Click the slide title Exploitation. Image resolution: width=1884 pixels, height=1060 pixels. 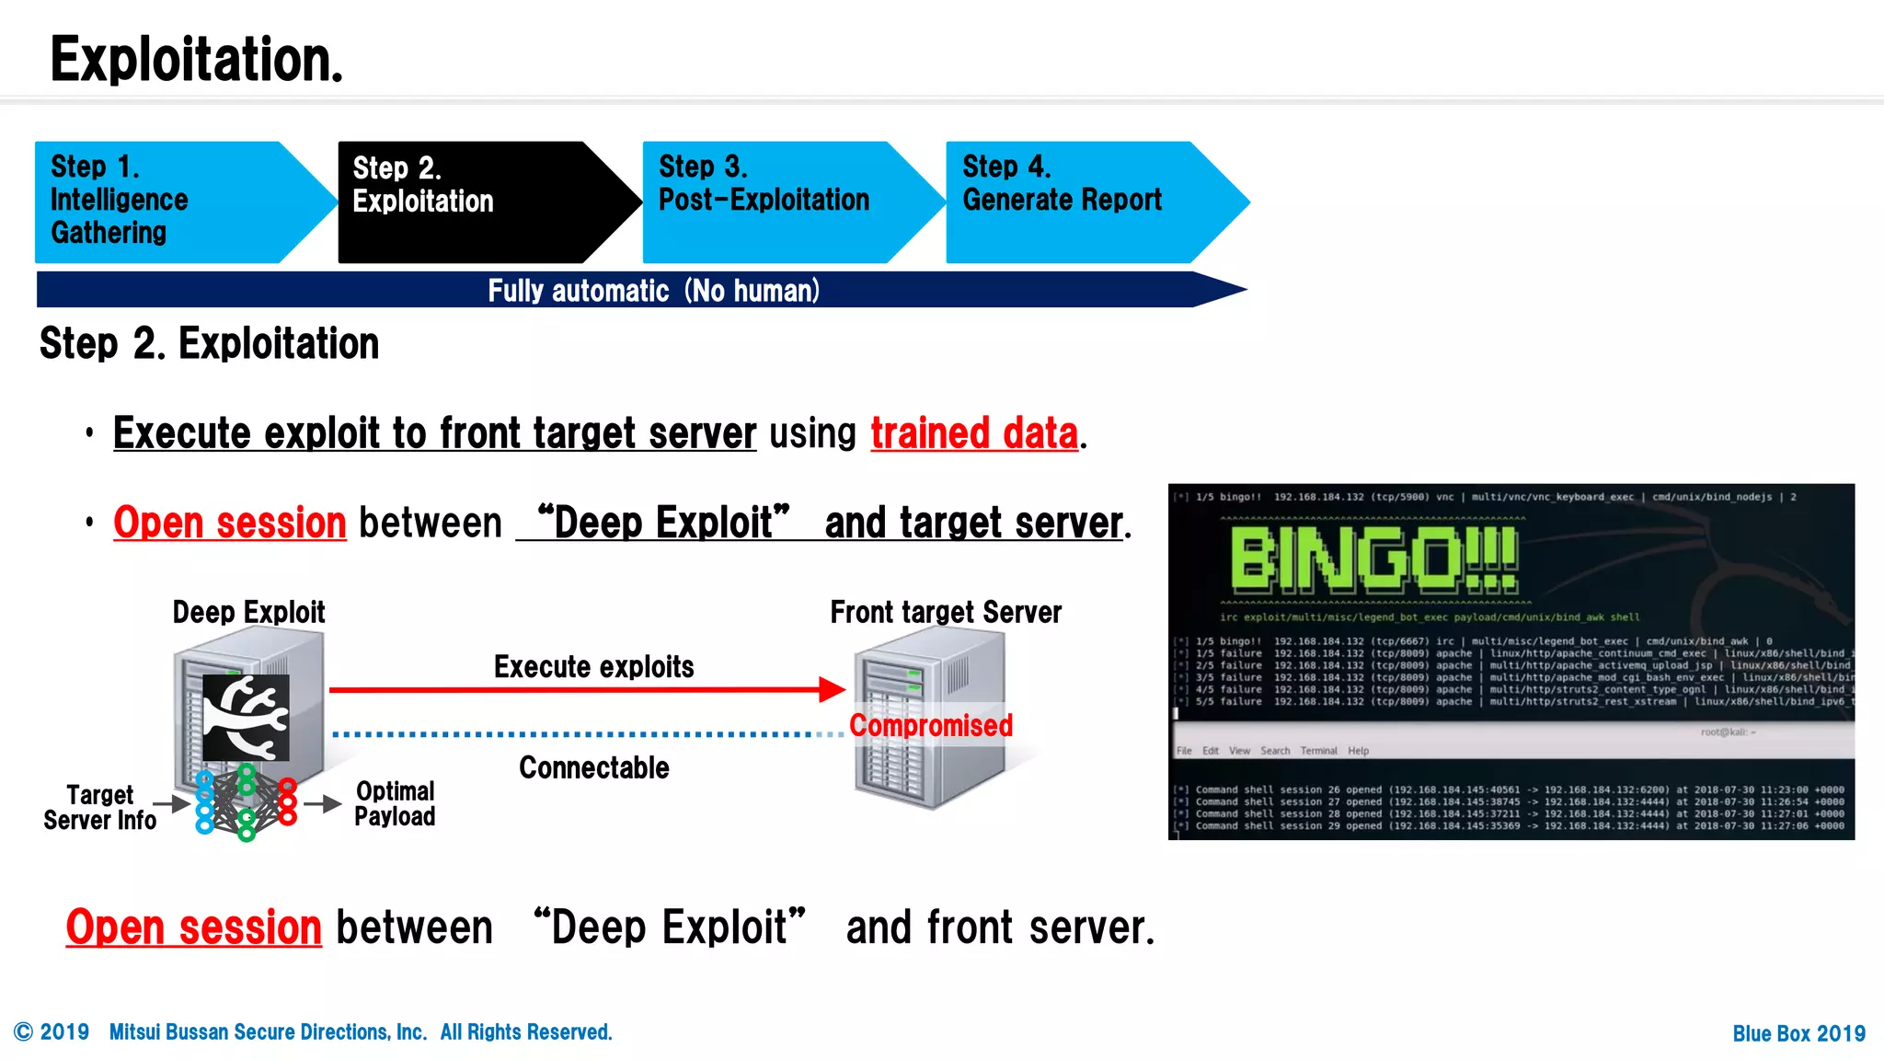click(x=196, y=60)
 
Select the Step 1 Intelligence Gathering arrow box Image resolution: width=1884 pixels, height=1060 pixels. click(x=166, y=202)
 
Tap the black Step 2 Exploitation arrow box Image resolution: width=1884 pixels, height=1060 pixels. click(x=469, y=202)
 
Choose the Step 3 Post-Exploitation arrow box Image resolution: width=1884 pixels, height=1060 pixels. click(x=773, y=202)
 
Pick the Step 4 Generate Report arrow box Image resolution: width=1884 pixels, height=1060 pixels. click(x=1076, y=202)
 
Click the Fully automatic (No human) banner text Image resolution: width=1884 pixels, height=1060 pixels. click(x=653, y=291)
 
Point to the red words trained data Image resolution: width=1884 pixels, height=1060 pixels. click(x=974, y=433)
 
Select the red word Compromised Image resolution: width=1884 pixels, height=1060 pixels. click(x=931, y=726)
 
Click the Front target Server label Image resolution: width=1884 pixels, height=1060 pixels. click(x=946, y=613)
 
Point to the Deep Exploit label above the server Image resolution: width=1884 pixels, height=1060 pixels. click(x=248, y=613)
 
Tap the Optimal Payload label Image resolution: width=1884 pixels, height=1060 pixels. click(x=395, y=804)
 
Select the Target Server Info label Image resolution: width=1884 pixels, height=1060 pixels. click(x=99, y=808)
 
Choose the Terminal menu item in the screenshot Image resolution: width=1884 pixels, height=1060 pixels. click(x=1318, y=751)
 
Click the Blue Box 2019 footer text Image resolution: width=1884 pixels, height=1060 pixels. click(x=1798, y=1033)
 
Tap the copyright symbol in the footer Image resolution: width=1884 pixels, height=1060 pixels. click(x=24, y=1032)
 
